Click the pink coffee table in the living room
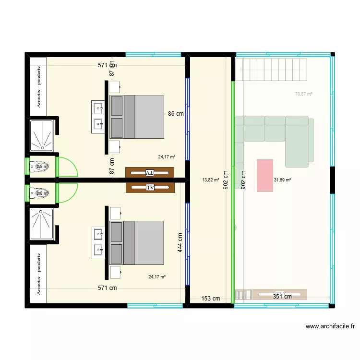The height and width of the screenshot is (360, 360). (265, 175)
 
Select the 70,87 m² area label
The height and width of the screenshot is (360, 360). (303, 94)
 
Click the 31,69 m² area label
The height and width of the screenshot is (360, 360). (282, 180)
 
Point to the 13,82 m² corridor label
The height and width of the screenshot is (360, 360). (211, 180)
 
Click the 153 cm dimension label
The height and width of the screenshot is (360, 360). (210, 298)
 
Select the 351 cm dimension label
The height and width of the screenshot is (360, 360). (282, 297)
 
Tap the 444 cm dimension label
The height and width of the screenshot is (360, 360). (180, 242)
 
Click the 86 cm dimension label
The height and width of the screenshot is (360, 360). (175, 114)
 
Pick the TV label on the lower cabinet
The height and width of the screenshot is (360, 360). (150, 187)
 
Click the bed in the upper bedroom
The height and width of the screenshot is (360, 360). (137, 117)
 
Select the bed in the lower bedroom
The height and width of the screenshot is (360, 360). (137, 242)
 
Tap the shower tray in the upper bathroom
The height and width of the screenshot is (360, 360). (42, 134)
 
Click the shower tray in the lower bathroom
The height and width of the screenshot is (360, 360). (42, 223)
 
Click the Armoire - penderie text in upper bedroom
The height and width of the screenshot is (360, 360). (38, 86)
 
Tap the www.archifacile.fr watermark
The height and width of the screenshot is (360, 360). (330, 326)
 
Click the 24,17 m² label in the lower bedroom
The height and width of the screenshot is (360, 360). (157, 276)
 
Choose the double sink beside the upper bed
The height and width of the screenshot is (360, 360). (98, 117)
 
